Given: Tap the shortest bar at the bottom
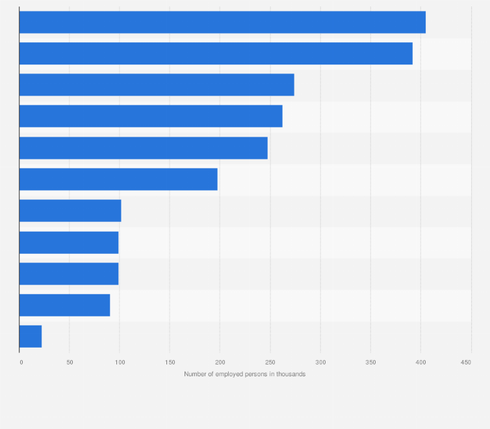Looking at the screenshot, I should (x=31, y=337).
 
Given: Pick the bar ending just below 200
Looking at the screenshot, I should (x=118, y=179).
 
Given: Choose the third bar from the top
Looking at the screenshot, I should (x=157, y=85).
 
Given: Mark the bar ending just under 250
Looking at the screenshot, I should (x=143, y=148).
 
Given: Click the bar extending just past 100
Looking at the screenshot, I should (x=70, y=211).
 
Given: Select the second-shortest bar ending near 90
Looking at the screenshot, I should (x=64, y=305).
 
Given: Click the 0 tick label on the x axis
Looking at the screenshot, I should (x=21, y=362).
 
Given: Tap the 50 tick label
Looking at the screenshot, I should (x=70, y=362).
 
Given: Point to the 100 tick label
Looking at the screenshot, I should (x=120, y=362).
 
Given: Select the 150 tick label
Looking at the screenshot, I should (x=170, y=362).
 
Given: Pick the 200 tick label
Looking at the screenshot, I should (x=220, y=362).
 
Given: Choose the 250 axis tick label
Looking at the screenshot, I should (x=270, y=362).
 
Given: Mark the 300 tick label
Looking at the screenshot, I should (x=320, y=362).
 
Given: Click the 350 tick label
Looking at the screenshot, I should (x=370, y=362).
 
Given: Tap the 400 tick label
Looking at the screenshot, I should (x=420, y=362).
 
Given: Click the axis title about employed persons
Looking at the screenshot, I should (x=244, y=374).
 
